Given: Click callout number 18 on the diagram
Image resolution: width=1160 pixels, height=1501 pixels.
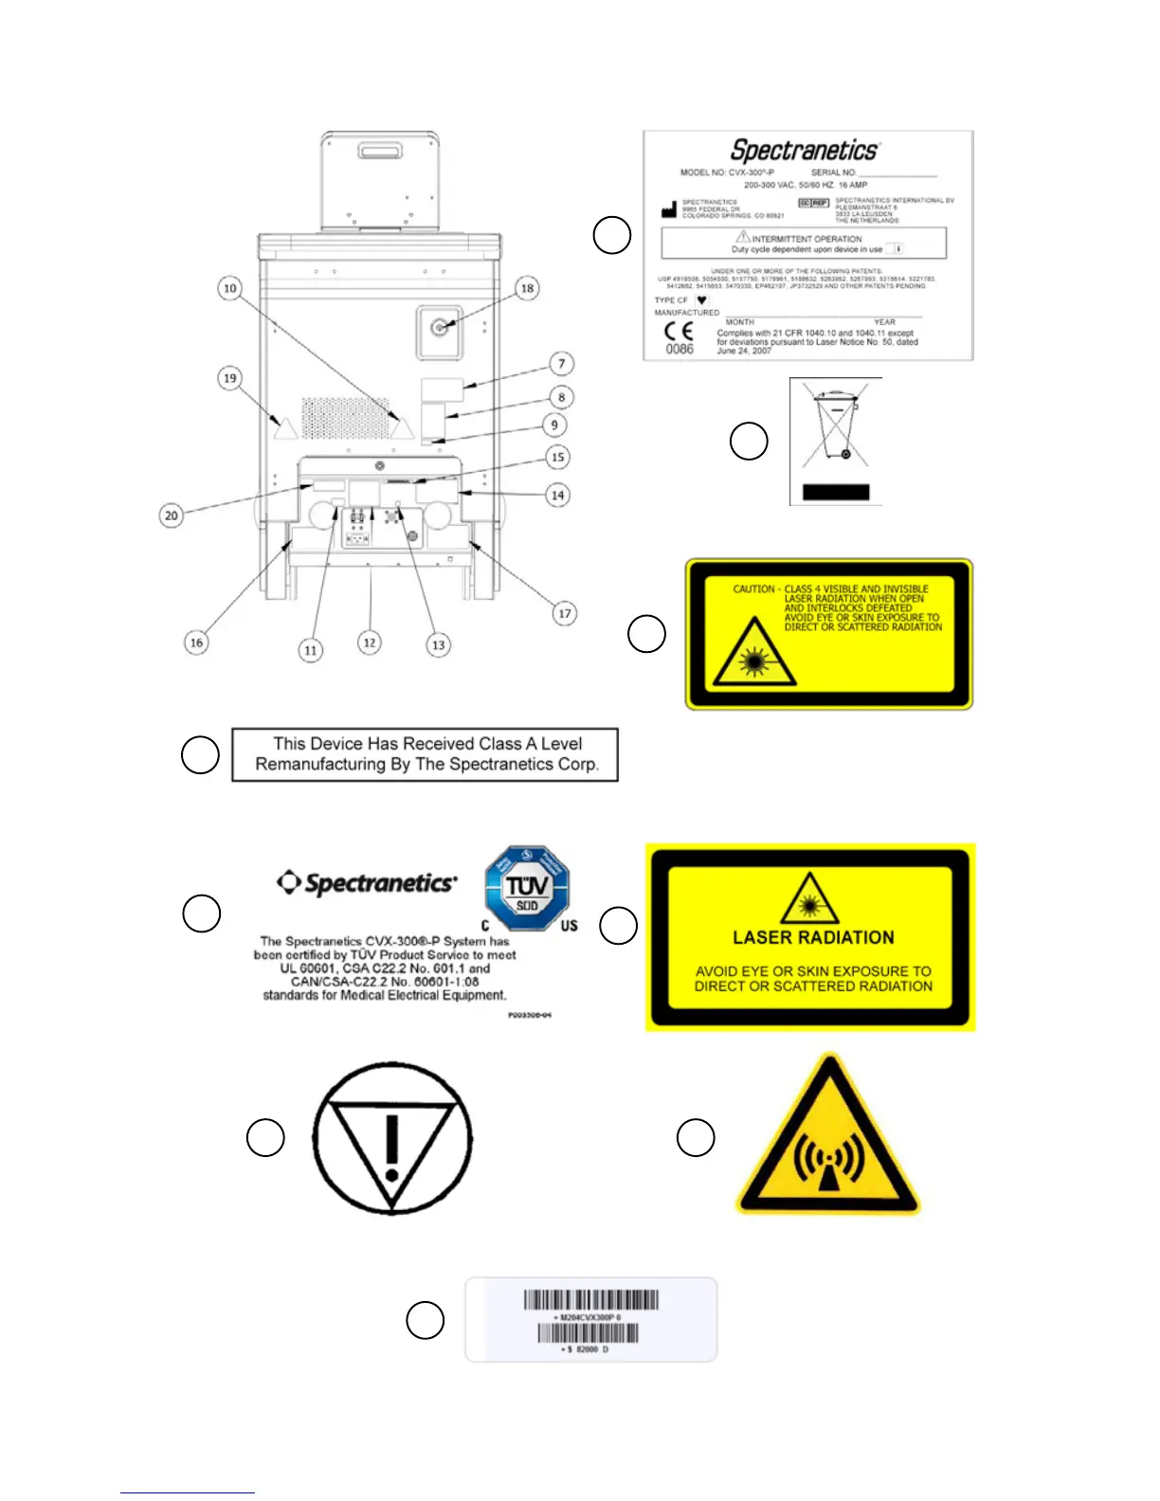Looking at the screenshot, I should (x=527, y=288).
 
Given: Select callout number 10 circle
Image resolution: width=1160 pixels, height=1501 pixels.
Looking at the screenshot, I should (x=229, y=288).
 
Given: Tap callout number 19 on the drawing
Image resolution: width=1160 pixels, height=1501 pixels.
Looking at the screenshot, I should (x=229, y=378).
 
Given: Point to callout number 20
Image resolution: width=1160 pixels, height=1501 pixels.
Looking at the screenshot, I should (x=171, y=515).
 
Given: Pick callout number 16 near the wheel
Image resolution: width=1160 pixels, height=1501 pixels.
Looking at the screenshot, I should (x=196, y=642).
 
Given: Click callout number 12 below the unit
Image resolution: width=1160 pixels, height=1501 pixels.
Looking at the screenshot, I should (x=370, y=642).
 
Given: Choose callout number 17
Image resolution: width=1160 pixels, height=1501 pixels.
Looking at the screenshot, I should (x=564, y=613).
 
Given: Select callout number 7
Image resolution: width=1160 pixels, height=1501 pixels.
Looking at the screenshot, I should (x=562, y=363).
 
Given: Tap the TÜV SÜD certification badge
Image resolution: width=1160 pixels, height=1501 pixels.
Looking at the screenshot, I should (x=527, y=889).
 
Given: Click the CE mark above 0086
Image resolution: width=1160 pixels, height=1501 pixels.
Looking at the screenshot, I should (x=679, y=331).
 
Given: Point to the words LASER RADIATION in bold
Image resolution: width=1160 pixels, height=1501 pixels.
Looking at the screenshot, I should (x=813, y=937).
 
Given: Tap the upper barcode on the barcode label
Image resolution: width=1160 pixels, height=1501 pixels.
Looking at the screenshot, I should (x=590, y=1300).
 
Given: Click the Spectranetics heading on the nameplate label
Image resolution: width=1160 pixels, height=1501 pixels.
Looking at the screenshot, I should (x=805, y=150).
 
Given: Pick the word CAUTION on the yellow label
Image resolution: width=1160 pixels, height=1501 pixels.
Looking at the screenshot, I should (x=753, y=589).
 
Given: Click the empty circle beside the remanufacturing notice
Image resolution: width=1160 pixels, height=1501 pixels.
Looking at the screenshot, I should (x=200, y=754).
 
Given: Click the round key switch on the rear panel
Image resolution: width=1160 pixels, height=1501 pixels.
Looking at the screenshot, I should (x=438, y=328).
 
